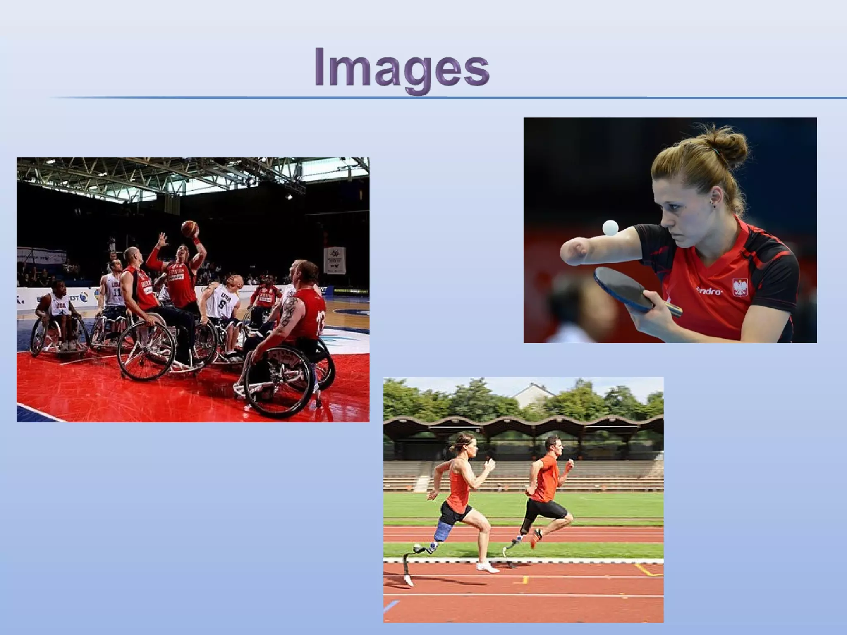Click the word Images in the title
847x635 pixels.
click(x=401, y=68)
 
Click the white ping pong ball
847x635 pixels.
click(x=610, y=227)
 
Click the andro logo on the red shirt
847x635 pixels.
click(x=709, y=291)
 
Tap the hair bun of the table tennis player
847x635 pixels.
click(x=730, y=147)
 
